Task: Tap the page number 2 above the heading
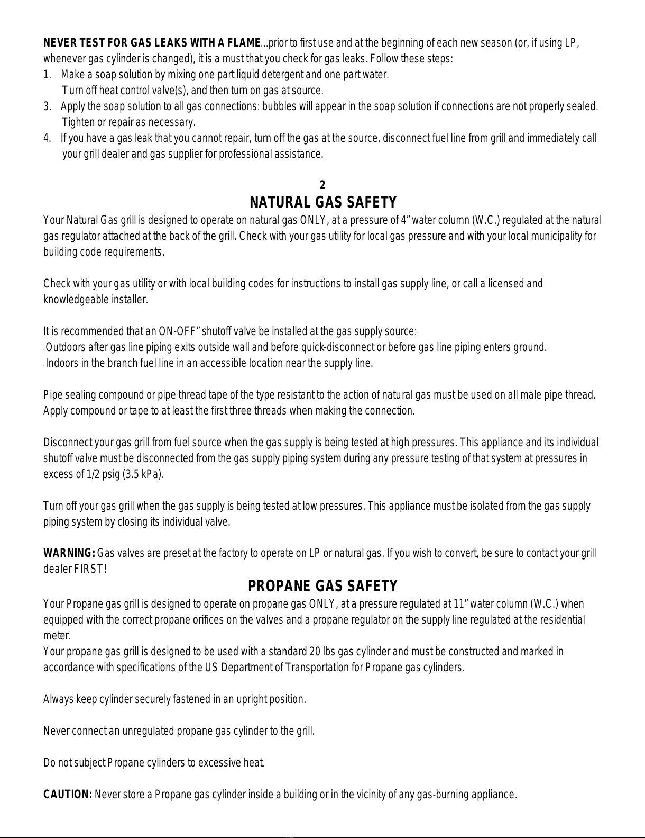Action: click(x=322, y=185)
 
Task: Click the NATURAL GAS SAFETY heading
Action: click(x=322, y=202)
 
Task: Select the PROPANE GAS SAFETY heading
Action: click(x=322, y=586)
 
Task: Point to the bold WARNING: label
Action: click(x=69, y=554)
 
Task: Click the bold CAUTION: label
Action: click(x=68, y=795)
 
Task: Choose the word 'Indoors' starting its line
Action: click(x=60, y=364)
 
